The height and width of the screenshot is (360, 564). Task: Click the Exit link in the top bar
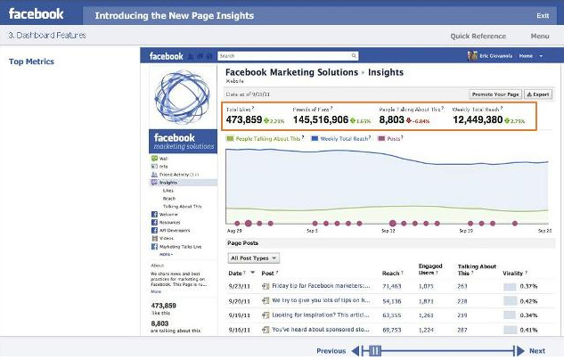coord(543,15)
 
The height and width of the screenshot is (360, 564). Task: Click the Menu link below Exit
coord(539,37)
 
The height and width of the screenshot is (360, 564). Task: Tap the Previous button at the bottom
coord(331,351)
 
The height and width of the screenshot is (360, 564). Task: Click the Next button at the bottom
coord(537,351)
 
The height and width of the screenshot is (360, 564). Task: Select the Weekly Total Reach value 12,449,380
coord(481,119)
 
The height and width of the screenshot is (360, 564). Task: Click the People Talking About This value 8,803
coord(392,119)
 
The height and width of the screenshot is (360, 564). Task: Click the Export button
coord(537,94)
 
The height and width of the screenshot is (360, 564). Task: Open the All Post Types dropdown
coord(254,258)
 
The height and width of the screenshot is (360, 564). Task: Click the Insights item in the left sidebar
coord(168,183)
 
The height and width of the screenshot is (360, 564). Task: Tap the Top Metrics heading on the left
coord(31,61)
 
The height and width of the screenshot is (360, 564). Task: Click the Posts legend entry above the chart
coord(389,139)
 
